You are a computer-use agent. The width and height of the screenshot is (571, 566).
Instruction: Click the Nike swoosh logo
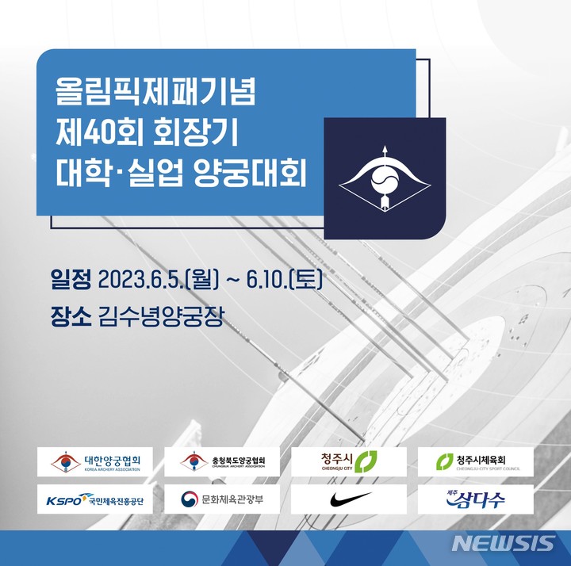pos(349,499)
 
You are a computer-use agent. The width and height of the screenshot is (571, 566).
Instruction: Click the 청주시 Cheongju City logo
pos(349,462)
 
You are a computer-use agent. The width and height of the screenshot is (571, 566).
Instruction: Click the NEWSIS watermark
pos(503,544)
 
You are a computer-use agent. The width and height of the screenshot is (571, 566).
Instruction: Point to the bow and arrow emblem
pos(385,179)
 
